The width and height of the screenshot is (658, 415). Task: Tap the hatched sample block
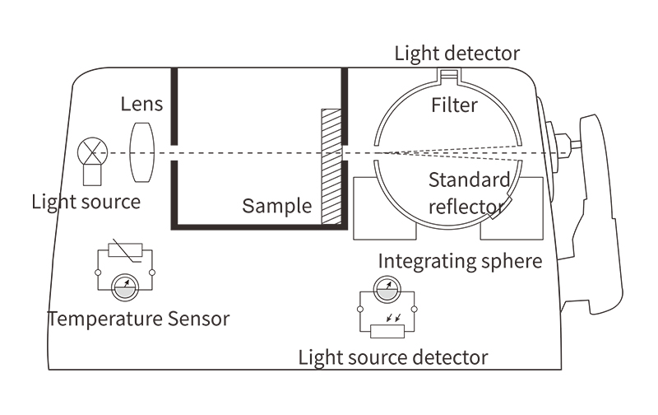(x=331, y=164)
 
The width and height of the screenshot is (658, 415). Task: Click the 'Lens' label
(x=141, y=105)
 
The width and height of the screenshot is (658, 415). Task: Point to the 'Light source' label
(x=86, y=201)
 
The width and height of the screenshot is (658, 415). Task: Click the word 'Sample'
(x=276, y=206)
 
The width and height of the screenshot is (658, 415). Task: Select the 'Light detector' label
(x=457, y=54)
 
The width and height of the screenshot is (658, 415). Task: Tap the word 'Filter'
(x=454, y=105)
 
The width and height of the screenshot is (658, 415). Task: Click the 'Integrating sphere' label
(x=460, y=262)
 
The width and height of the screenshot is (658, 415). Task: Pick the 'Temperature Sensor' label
(x=138, y=318)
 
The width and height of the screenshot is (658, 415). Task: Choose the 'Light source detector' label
(x=392, y=357)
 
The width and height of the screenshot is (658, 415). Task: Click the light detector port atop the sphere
(x=447, y=78)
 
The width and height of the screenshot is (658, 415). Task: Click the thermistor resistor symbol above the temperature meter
(x=126, y=253)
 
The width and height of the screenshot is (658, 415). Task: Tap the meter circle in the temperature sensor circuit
(x=126, y=287)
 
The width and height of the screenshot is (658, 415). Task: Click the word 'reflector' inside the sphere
(x=466, y=205)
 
